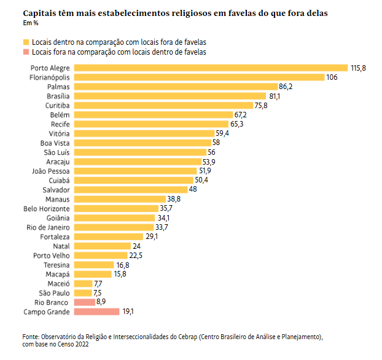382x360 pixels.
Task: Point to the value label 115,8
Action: (358, 68)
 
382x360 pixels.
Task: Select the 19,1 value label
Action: (128, 311)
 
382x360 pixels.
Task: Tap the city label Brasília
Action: (58, 96)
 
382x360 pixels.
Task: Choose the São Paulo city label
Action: (54, 293)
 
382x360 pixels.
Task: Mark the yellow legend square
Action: (26, 42)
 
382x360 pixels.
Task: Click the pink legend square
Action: (26, 52)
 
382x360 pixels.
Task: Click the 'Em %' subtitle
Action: (31, 23)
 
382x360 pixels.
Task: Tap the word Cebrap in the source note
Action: (185, 337)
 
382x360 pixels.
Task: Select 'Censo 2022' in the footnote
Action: (75, 345)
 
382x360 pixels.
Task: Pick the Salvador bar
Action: (130, 190)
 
